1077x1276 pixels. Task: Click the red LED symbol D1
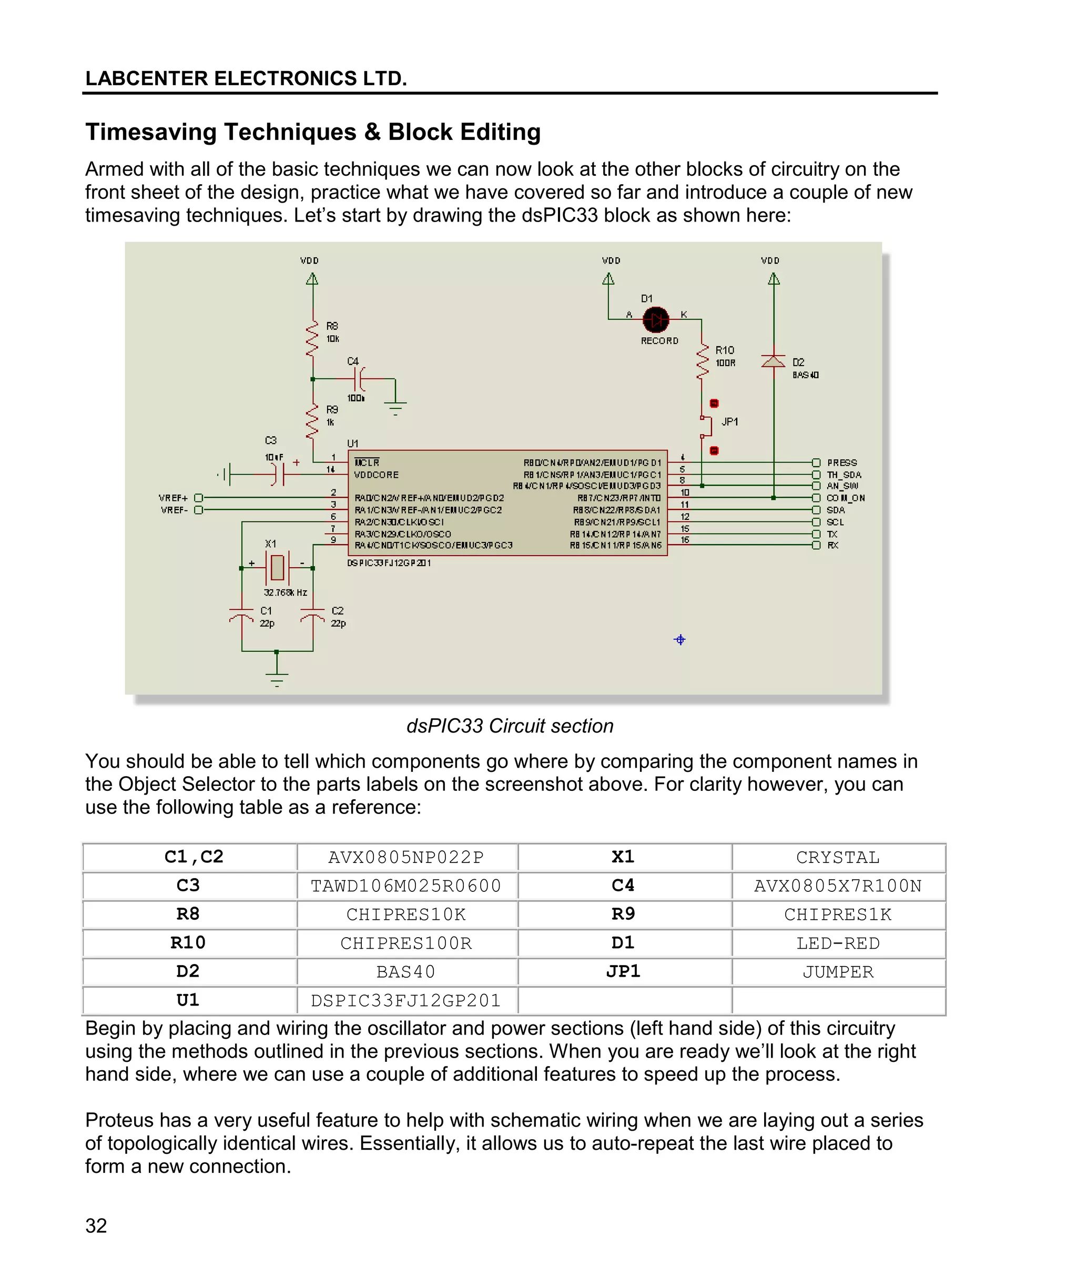tap(656, 319)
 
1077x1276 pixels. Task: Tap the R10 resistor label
tap(725, 350)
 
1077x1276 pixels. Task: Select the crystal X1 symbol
tap(277, 567)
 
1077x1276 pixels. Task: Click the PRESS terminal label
tap(842, 463)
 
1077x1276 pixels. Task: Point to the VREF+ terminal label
tap(174, 498)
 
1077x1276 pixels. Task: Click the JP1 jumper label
tap(729, 421)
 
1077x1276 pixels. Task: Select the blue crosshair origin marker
tap(679, 639)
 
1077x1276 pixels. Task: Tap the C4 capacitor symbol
tap(360, 379)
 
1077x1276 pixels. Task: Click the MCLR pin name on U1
tap(367, 463)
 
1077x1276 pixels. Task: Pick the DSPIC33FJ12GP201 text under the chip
tap(389, 563)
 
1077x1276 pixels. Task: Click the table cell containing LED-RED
tap(838, 943)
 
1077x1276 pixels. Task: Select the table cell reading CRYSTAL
tap(838, 858)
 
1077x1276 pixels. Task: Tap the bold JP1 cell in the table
tap(623, 971)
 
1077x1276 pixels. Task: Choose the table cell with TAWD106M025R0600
tap(406, 886)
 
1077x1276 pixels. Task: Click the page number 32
tap(96, 1226)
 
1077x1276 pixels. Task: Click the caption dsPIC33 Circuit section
tap(510, 726)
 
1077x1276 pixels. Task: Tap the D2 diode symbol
tap(774, 361)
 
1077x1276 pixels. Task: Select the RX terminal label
tap(833, 546)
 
